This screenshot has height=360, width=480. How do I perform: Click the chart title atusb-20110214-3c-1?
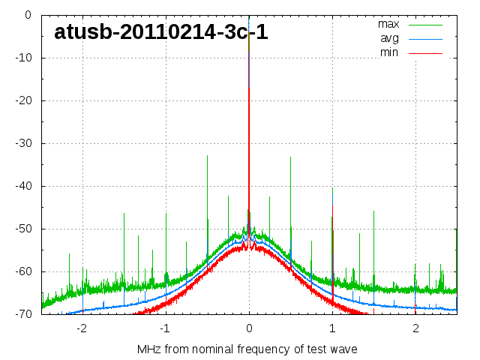160,32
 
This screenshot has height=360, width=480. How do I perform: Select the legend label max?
388,24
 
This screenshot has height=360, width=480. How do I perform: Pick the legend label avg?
389,38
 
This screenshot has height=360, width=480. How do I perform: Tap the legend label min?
389,52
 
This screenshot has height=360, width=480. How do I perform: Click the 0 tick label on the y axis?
27,15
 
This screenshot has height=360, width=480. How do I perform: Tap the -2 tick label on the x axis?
82,328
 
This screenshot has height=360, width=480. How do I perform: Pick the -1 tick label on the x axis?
165,328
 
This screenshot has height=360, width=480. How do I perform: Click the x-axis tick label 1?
332,328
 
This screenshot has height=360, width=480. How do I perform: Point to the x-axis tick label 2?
415,328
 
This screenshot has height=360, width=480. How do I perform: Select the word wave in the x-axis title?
345,349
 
